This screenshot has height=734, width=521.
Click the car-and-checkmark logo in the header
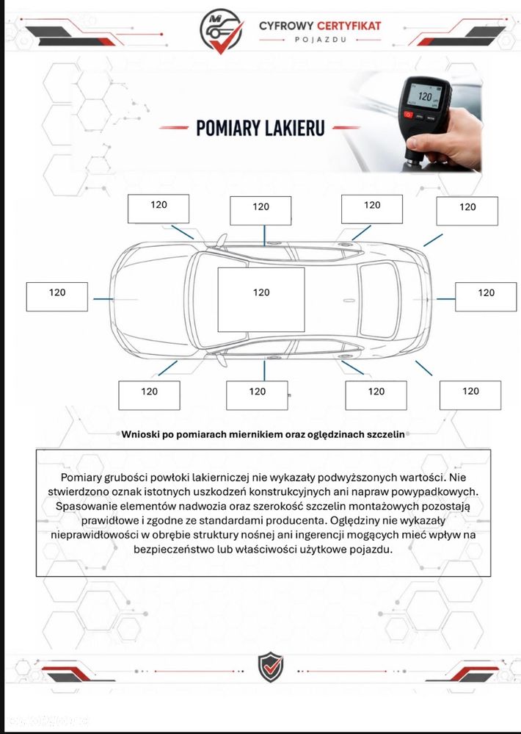[x=221, y=31]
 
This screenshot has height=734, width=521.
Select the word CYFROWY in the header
[x=286, y=26]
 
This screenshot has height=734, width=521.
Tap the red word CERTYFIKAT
[x=349, y=26]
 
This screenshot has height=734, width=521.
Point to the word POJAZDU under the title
[x=321, y=40]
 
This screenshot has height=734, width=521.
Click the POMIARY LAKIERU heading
[x=260, y=128]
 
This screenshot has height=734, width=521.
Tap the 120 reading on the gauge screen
[x=425, y=96]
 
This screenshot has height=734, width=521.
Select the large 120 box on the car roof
[x=261, y=300]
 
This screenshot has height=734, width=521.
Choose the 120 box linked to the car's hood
[x=57, y=297]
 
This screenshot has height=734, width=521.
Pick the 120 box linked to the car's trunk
[x=486, y=297]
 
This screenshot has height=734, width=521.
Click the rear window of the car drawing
[x=379, y=300]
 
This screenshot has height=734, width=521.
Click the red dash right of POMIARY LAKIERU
[x=346, y=127]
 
